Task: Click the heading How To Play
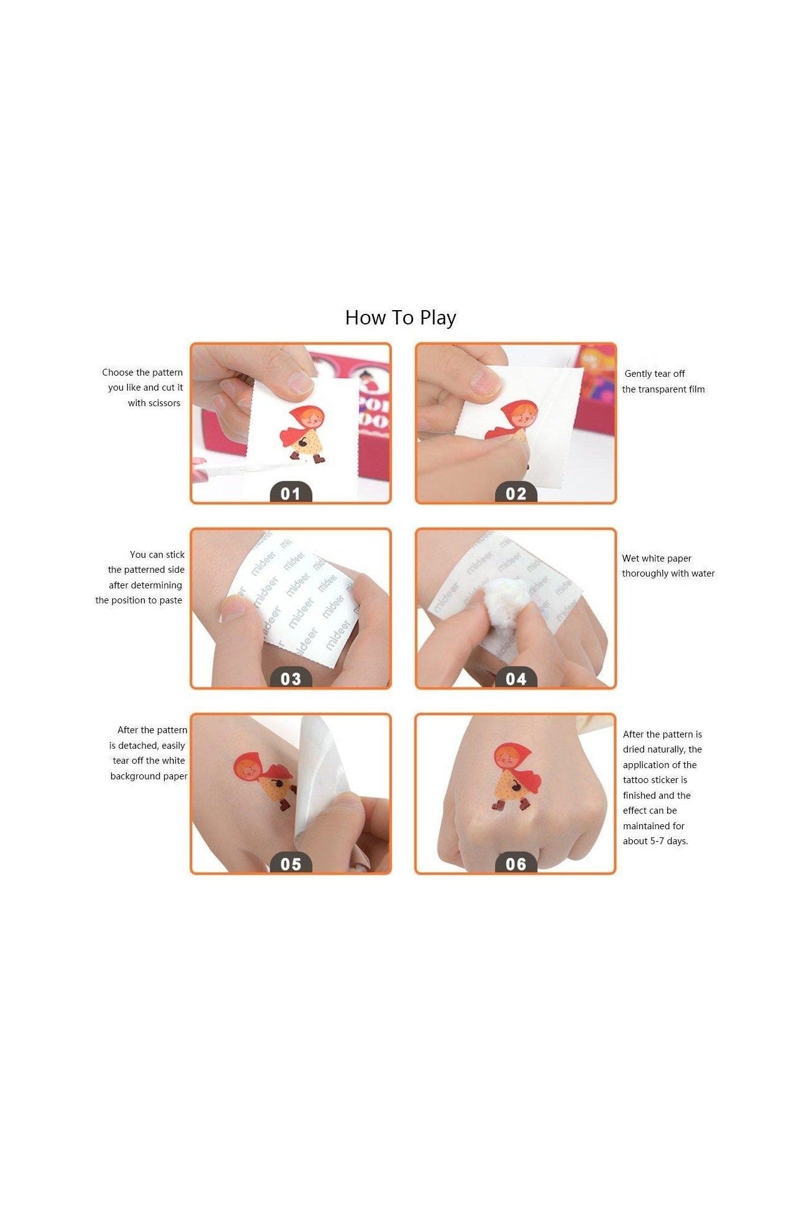pyautogui.click(x=401, y=318)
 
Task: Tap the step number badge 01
pyautogui.click(x=291, y=493)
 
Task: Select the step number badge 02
pyautogui.click(x=516, y=493)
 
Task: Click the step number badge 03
pyautogui.click(x=291, y=678)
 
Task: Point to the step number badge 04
pyautogui.click(x=516, y=678)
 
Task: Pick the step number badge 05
pyautogui.click(x=291, y=864)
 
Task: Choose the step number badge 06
pyautogui.click(x=516, y=864)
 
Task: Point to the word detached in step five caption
pyautogui.click(x=139, y=746)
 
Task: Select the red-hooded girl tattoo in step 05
pyautogui.click(x=265, y=780)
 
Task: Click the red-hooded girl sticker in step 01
pyautogui.click(x=303, y=434)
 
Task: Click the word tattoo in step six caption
pyautogui.click(x=636, y=780)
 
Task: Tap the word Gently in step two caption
pyautogui.click(x=638, y=374)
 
